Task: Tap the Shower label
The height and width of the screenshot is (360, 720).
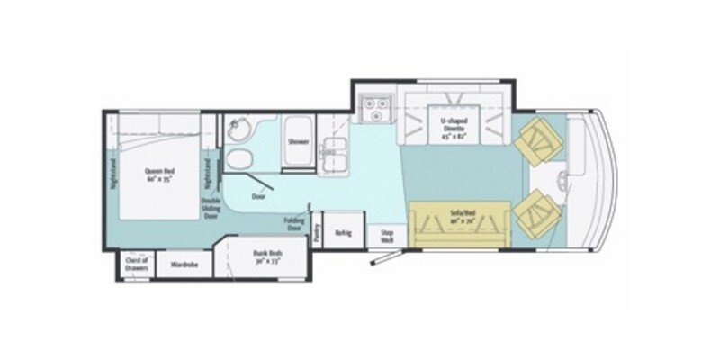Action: pos(298,142)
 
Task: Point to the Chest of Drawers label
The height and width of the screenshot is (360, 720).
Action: pos(137,262)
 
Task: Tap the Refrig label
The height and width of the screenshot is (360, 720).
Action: pos(343,232)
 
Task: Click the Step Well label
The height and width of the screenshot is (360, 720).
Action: pos(387,234)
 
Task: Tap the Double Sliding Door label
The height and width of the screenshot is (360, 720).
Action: pos(211,208)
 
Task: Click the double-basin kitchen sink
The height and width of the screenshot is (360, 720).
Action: pos(337,152)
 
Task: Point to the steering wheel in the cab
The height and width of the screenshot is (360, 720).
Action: pos(565,175)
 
